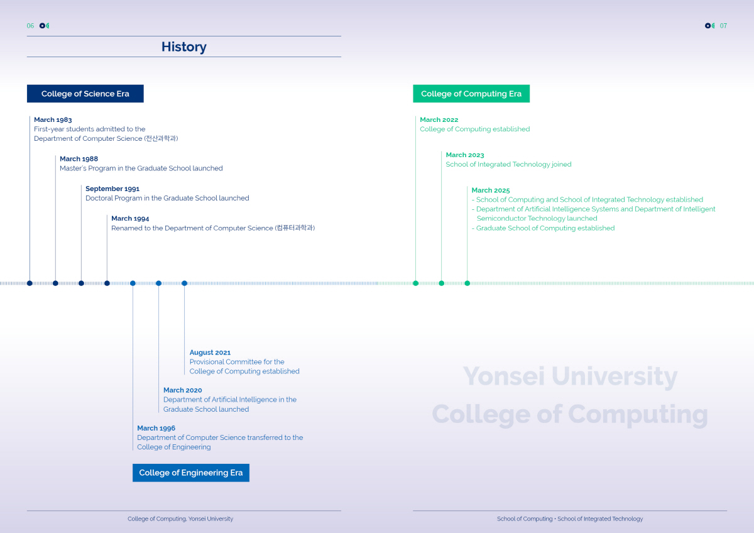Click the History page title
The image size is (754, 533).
183,47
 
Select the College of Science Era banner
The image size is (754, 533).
85,94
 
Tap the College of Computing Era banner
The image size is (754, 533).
471,94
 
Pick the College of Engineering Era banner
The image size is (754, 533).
191,473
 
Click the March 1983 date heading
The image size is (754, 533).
53,119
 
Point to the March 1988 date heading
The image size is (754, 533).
79,158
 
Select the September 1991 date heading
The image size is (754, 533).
112,189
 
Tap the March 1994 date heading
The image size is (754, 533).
130,218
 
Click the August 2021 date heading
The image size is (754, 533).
210,353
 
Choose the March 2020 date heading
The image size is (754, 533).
183,390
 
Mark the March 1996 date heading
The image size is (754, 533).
156,428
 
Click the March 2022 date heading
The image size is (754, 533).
439,119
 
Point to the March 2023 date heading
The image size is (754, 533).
465,155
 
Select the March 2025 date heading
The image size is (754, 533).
491,190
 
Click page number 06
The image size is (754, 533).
30,26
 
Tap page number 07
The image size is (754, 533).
723,26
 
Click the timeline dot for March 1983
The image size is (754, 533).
30,283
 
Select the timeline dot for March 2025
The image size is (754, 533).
467,283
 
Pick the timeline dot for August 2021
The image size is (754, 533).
185,283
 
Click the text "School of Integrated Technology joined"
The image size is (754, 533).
508,164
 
